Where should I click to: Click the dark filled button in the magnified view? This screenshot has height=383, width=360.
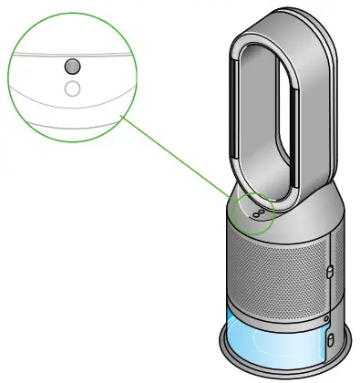(72, 67)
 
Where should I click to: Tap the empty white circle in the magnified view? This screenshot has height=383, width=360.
(72, 88)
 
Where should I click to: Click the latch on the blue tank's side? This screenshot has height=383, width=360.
(330, 338)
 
